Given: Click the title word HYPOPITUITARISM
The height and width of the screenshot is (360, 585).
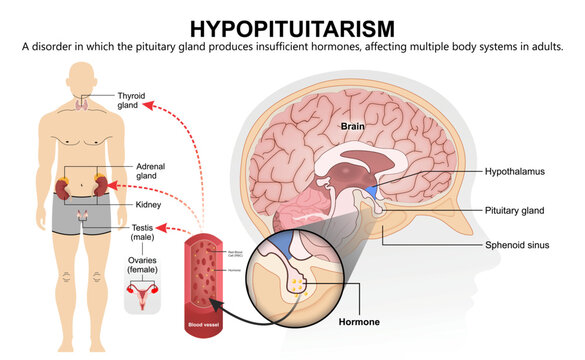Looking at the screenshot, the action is [292, 26].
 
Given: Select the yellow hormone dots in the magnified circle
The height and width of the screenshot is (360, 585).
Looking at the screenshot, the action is [299, 285].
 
